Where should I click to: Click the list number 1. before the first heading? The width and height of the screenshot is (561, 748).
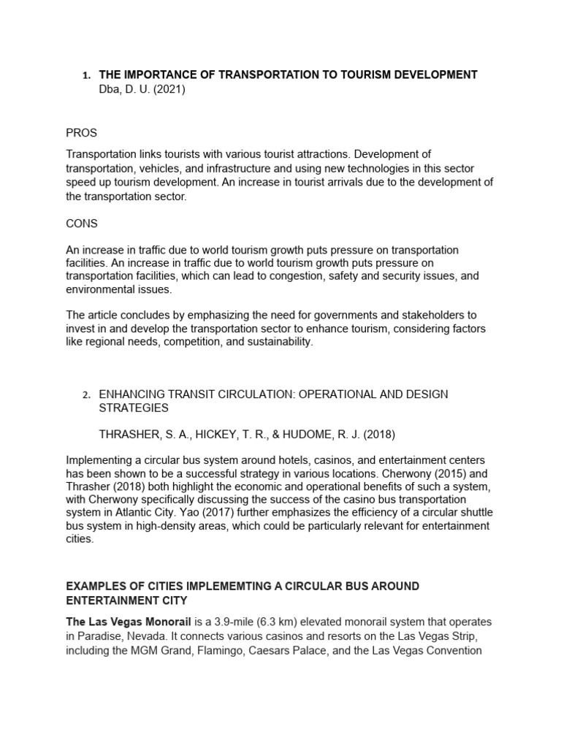point(85,75)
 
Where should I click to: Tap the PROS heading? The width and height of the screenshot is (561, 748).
point(81,133)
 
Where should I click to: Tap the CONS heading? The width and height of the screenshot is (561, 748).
point(82,224)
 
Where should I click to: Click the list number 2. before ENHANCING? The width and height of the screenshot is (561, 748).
point(85,395)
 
